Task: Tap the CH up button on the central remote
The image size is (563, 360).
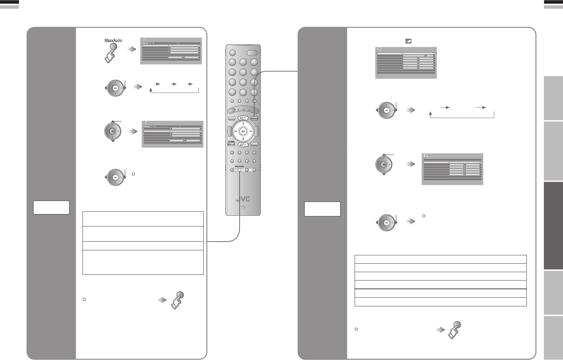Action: click(243, 118)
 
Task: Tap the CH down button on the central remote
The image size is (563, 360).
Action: click(243, 145)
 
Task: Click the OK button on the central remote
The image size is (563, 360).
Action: click(243, 131)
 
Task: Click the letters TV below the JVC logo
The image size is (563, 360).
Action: click(243, 207)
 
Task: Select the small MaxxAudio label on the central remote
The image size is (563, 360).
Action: click(239, 166)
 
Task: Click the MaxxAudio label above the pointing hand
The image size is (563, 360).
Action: click(113, 40)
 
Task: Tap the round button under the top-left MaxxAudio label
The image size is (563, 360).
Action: click(113, 47)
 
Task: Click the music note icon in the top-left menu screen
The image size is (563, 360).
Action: click(145, 40)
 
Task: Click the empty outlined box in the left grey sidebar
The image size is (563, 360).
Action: click(51, 207)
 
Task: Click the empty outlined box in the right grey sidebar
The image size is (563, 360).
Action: click(322, 209)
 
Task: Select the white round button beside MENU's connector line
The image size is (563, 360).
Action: click(254, 101)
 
